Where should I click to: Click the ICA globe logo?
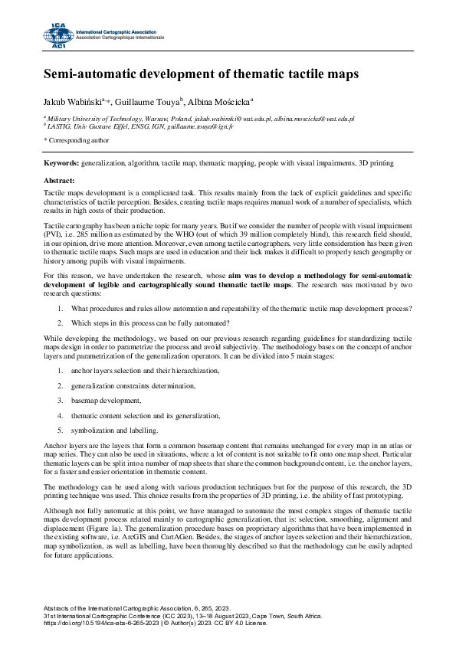pos(57,35)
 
